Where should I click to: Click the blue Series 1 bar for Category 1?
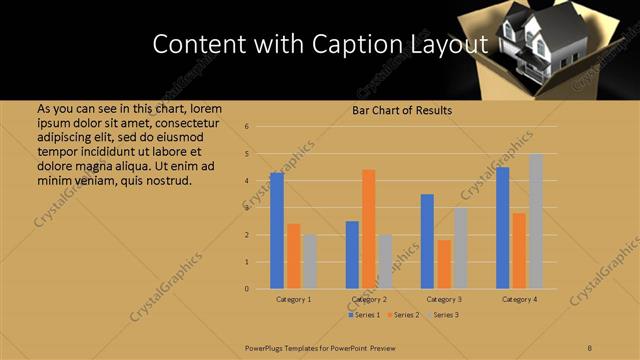click(x=277, y=231)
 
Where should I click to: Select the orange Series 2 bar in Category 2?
click(x=368, y=229)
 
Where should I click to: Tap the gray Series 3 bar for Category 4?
click(x=536, y=221)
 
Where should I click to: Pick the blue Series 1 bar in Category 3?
click(x=427, y=241)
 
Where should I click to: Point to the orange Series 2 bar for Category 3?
click(x=444, y=264)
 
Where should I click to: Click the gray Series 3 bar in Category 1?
click(x=310, y=261)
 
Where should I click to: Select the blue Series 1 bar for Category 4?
click(x=502, y=228)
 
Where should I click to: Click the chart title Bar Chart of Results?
click(x=402, y=110)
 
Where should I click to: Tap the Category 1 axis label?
click(x=293, y=299)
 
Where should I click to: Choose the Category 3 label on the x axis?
click(x=444, y=299)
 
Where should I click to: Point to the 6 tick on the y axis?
click(x=259, y=127)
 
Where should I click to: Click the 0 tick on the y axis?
click(x=259, y=289)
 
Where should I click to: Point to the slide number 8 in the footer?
click(x=590, y=347)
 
